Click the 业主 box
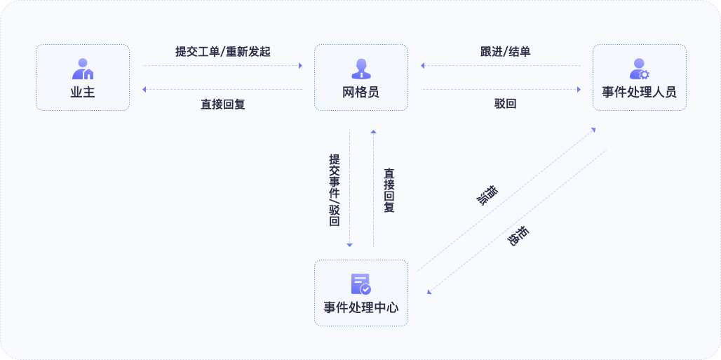83,77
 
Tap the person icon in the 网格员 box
361,68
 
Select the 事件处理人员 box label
640,92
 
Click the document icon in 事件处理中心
360,284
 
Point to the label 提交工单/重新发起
222,52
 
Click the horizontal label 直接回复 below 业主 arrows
222,105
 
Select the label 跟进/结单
500,52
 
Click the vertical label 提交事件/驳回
335,190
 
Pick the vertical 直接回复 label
389,190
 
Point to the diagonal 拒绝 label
519,235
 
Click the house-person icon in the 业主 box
83,69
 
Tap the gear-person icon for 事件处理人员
640,69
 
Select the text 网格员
361,92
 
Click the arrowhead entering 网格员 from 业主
300,66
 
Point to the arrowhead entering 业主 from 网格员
144,89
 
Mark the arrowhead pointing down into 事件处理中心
350,245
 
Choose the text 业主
83,92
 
